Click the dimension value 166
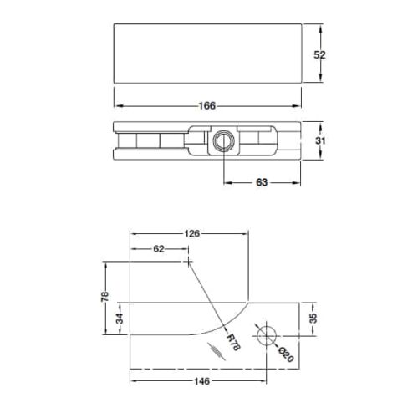[208, 105]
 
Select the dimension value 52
[319, 54]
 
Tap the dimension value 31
[319, 141]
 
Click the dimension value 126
[191, 234]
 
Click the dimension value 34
[120, 319]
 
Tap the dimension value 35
[315, 319]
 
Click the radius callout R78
[233, 342]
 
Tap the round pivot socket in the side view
[223, 140]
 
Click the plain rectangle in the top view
[207, 54]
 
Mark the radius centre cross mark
[190, 261]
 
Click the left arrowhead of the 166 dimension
[117, 105]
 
